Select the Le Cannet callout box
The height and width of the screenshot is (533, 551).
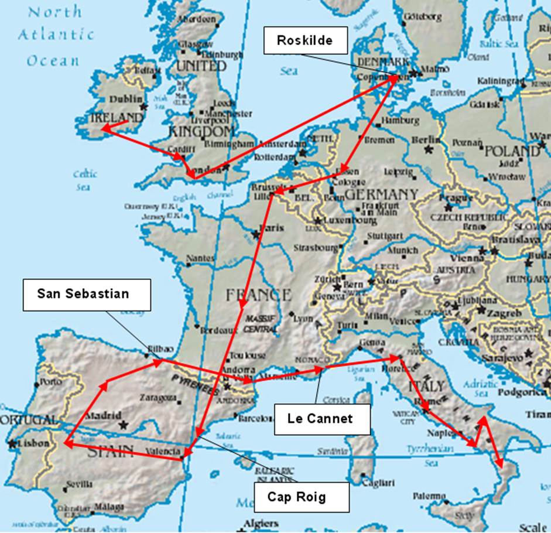point(321,419)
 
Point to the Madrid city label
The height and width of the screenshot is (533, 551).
point(103,415)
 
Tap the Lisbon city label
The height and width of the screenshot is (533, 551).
point(34,443)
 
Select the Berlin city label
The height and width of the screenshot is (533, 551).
point(426,139)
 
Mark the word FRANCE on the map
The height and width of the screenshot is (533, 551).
point(258,294)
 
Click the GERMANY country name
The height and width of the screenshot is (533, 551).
point(381,194)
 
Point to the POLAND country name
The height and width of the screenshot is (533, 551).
point(511,151)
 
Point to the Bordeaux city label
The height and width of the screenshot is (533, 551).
point(217,331)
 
